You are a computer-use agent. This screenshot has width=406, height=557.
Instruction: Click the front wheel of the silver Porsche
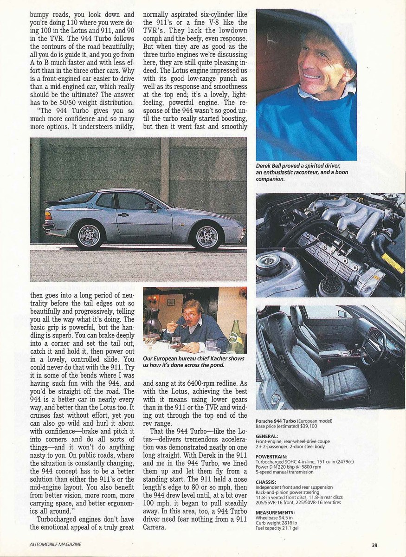207,237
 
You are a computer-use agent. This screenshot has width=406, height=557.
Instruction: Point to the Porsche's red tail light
48,216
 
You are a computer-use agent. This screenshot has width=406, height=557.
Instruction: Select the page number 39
374,545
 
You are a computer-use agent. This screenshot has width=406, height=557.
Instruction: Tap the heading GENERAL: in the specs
267,436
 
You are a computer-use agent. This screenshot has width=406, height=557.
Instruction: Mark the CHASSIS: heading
266,482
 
